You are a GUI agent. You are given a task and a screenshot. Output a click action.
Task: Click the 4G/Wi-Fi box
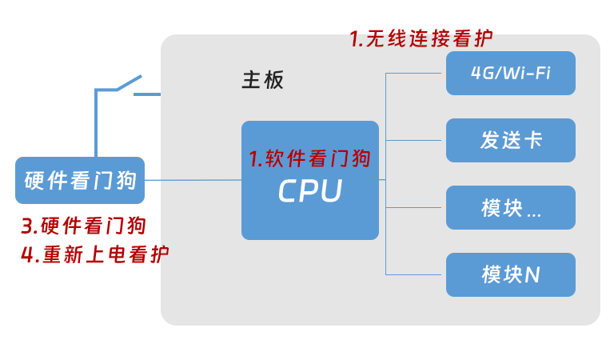510,74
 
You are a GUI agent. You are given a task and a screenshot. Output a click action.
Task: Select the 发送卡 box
510,141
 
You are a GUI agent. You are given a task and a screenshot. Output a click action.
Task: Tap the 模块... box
510,208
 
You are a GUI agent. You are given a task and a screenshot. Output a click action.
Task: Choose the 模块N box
510,275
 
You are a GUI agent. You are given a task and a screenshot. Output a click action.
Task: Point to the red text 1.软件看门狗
310,158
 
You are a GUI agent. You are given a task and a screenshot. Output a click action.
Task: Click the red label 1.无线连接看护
421,38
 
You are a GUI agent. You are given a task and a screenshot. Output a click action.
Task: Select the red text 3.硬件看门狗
83,226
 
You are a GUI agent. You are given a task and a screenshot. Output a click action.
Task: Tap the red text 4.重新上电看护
94,254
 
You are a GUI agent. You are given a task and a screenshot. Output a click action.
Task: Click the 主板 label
262,80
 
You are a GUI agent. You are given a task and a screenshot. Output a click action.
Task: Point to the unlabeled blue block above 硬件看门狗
118,112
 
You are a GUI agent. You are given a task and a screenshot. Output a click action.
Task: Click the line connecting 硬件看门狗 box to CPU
200,180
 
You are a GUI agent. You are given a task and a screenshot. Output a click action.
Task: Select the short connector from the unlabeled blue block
152,94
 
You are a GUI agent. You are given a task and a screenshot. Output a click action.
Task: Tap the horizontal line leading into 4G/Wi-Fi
414,74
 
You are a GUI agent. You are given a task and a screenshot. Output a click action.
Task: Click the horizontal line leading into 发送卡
414,141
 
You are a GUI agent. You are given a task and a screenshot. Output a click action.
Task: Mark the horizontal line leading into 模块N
414,275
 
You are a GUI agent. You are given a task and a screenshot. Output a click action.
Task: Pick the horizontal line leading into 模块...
414,208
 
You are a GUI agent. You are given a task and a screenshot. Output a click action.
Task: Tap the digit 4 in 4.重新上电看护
27,255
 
